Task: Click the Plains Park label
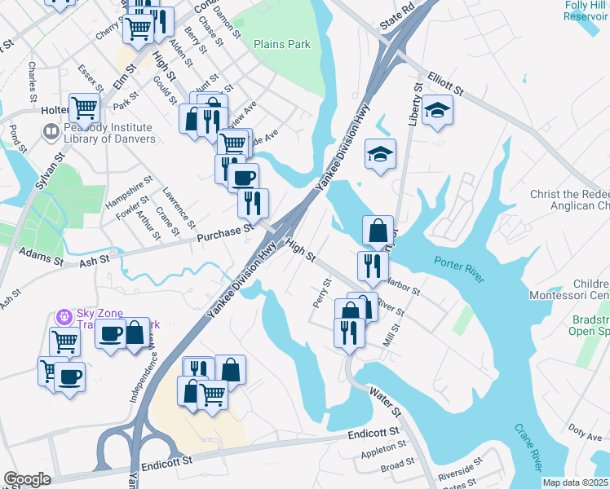click(281, 44)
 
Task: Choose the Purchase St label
click(225, 234)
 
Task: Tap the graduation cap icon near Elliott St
click(438, 110)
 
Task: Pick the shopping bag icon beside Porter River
click(378, 231)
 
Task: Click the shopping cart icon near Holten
click(84, 107)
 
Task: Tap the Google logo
click(27, 479)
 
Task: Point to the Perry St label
click(320, 293)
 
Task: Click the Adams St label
click(41, 257)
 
